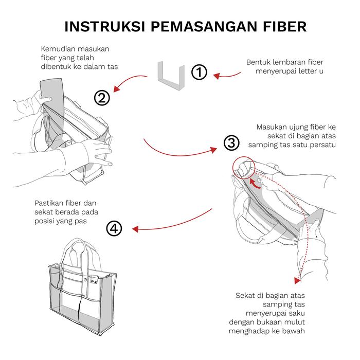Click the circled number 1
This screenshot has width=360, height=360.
tap(199, 73)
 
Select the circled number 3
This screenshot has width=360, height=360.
tap(231, 142)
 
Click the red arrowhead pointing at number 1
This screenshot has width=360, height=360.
tap(217, 76)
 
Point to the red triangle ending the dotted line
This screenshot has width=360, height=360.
tap(297, 281)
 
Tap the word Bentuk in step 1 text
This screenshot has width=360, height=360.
tap(258, 62)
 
